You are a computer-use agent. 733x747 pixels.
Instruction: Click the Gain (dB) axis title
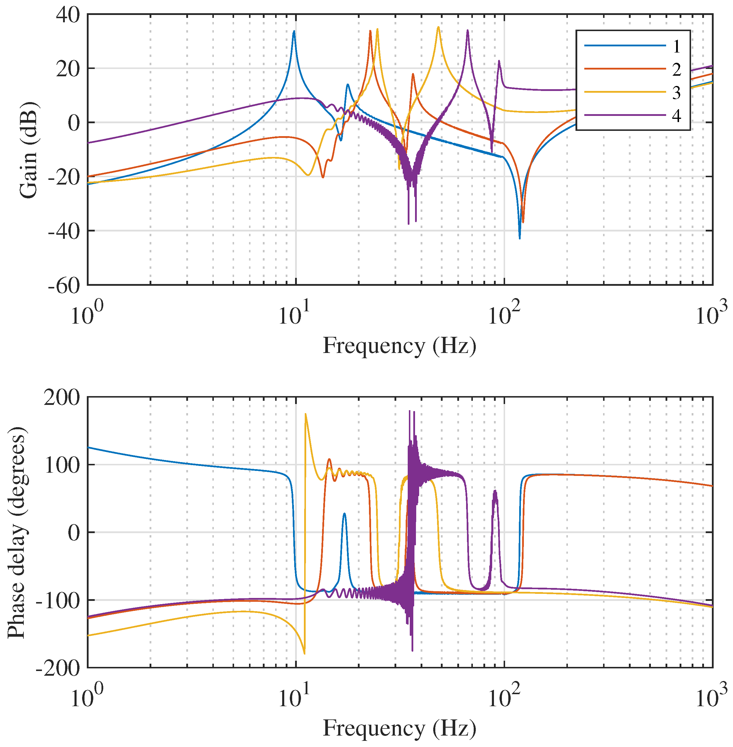tap(28, 150)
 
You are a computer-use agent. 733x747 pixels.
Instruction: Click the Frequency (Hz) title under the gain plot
tap(399, 345)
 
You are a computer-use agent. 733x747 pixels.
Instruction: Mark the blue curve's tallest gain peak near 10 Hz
tap(294, 32)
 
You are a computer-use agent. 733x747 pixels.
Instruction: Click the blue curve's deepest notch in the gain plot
tap(519, 238)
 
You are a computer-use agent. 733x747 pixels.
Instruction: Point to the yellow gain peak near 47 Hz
tap(438, 27)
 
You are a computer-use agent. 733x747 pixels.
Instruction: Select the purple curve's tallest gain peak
tap(467, 31)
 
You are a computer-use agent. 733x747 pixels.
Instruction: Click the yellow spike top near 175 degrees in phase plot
tap(305, 414)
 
